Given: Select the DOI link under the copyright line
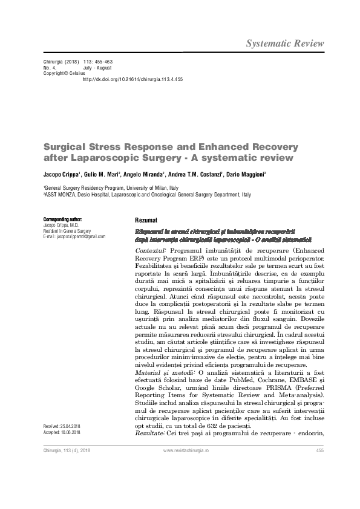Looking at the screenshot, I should [x=132, y=79].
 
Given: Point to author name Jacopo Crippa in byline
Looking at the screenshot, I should [x=59, y=174].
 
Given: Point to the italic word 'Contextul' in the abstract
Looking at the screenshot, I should [x=151, y=250].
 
